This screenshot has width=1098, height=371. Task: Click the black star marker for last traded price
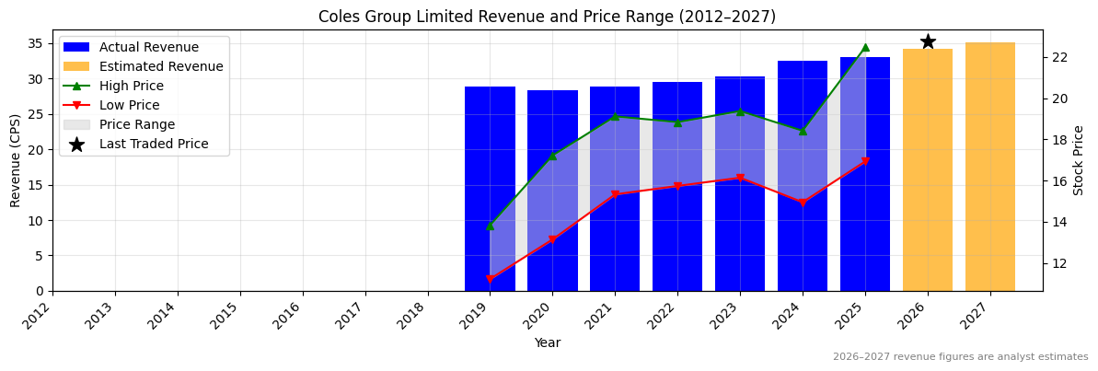928,41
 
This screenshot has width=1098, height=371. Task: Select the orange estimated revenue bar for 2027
990,166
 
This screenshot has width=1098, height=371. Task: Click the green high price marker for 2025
865,47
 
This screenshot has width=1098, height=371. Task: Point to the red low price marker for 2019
490,279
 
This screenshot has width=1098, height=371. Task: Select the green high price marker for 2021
615,116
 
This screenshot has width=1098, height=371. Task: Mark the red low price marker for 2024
803,203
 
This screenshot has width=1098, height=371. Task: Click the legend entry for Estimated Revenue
161,66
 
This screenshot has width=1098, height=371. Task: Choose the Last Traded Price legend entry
154,144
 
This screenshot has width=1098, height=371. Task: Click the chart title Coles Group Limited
547,17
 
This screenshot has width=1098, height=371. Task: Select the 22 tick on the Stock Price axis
1058,57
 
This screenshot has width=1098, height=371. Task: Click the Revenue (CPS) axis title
16,160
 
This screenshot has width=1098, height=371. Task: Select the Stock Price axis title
1079,160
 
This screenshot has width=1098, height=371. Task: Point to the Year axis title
547,342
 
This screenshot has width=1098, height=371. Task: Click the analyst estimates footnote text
960,357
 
